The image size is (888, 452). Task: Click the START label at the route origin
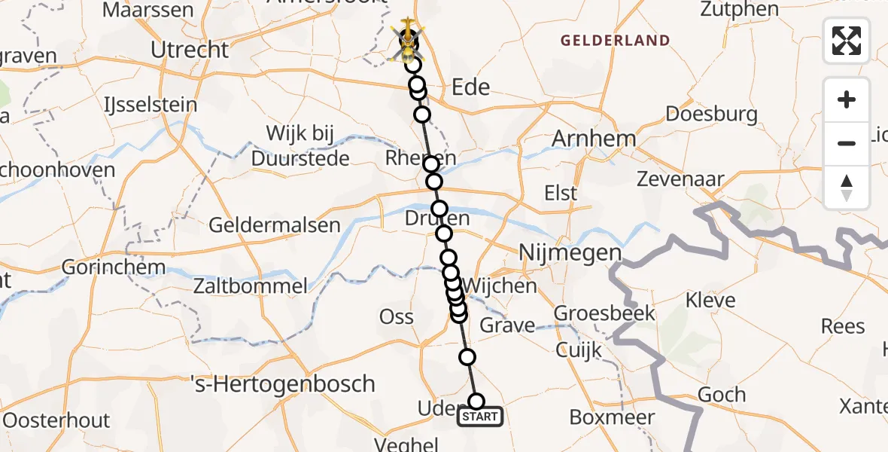(x=480, y=417)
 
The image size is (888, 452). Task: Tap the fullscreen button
(x=847, y=41)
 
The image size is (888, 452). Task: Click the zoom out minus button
(x=847, y=143)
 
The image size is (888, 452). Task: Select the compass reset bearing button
(x=847, y=188)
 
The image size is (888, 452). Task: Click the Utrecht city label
(x=190, y=50)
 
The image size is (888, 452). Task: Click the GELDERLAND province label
(x=614, y=41)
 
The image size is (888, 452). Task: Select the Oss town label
(x=397, y=317)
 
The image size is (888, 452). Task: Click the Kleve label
(x=710, y=301)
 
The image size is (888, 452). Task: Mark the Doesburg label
(x=712, y=115)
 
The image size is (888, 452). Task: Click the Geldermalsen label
(x=274, y=224)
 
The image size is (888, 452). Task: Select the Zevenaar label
(x=680, y=179)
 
